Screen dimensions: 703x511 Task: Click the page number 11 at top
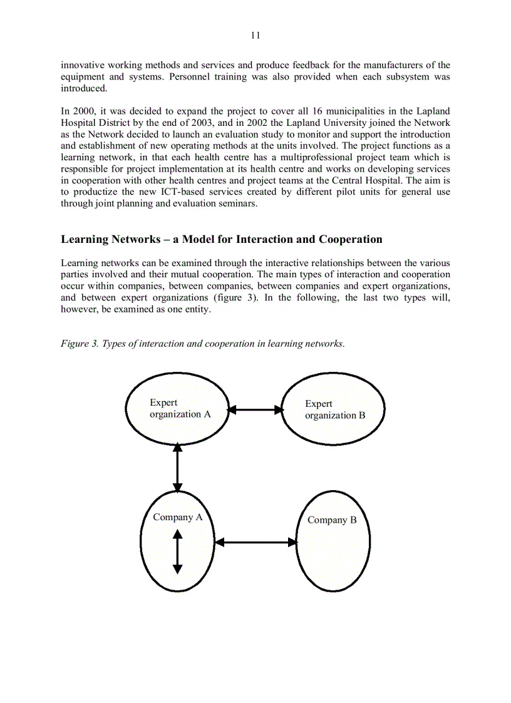tap(255, 36)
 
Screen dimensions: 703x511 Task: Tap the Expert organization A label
tap(180, 408)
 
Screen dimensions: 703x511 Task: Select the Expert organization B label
tap(334, 409)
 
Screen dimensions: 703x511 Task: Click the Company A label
tap(178, 517)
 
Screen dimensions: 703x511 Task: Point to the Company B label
tap(332, 520)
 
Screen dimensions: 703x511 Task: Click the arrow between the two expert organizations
tap(255, 410)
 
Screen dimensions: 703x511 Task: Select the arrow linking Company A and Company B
tap(255, 542)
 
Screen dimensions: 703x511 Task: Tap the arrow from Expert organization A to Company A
tap(178, 467)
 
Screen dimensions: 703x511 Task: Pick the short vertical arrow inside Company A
tap(178, 551)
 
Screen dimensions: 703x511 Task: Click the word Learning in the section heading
tap(84, 239)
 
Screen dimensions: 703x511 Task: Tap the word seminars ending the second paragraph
tap(238, 203)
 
